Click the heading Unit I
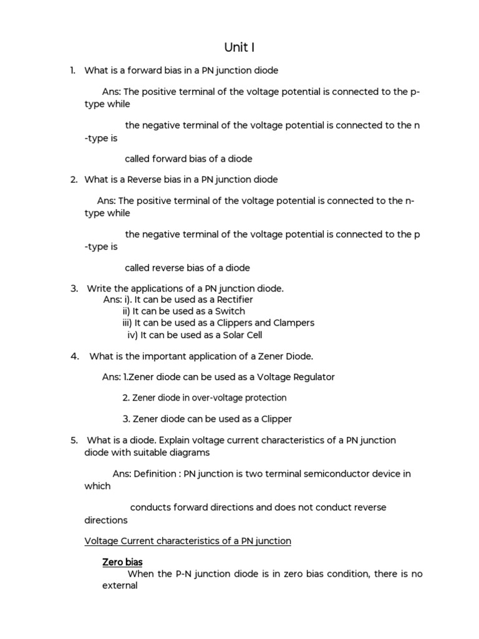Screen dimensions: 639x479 [239, 47]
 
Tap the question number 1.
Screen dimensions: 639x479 [74, 71]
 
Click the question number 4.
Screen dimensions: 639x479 [74, 356]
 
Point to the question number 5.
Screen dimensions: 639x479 [74, 440]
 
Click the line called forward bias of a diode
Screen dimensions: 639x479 [188, 159]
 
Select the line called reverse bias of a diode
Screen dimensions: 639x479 [187, 268]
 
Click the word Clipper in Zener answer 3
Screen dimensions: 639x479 [276, 419]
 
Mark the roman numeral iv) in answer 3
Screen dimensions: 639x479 [132, 334]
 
